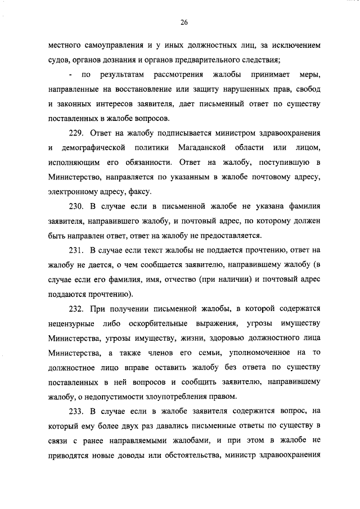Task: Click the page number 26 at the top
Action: click(x=183, y=22)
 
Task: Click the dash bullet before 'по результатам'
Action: click(x=70, y=75)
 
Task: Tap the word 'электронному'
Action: click(x=73, y=192)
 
